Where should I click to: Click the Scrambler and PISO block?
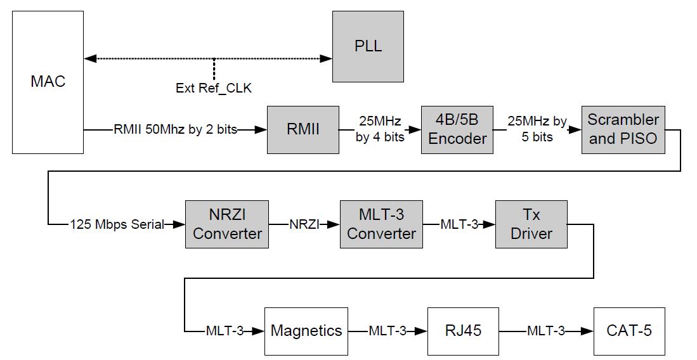pos(623,129)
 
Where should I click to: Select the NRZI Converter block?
pos(227,224)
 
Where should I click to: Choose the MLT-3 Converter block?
pos(381,224)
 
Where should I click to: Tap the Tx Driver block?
pos(531,224)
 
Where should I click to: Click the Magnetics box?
pos(306,330)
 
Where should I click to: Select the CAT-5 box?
pos(629,330)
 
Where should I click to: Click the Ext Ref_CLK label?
pos(213,88)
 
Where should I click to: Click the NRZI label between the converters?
pos(303,224)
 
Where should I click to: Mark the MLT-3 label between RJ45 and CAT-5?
pos(545,330)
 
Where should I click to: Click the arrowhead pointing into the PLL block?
pos(326,58)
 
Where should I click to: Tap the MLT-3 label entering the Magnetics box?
pos(226,330)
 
